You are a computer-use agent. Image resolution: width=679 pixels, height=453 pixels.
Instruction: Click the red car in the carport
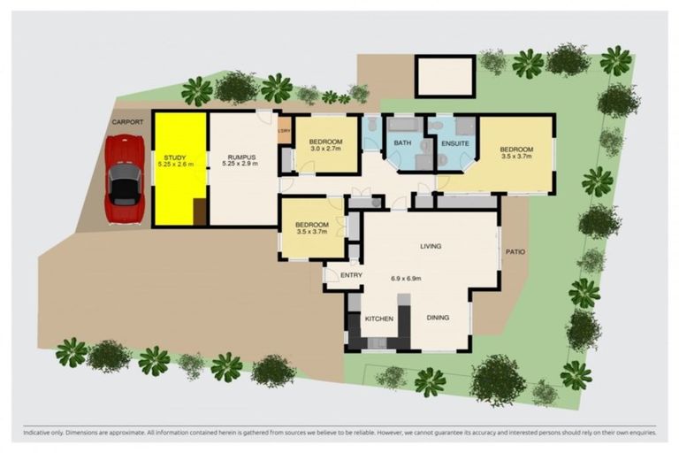point(124,180)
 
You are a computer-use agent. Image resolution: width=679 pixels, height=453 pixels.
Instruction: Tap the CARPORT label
point(127,122)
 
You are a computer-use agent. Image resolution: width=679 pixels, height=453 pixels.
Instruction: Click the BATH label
point(402,142)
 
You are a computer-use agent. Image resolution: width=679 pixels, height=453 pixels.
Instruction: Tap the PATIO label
point(515,252)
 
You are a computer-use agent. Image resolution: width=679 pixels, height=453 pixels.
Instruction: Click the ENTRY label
point(351,275)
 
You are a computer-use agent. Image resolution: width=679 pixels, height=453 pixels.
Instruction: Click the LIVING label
point(431,246)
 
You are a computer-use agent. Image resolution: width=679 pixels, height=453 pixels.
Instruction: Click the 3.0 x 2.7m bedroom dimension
point(324,150)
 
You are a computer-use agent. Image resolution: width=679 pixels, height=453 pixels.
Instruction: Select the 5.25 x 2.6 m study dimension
point(179,165)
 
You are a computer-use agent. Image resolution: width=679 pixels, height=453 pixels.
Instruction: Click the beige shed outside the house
point(445,76)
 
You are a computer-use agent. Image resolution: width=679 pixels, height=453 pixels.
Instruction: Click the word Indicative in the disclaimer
point(40,434)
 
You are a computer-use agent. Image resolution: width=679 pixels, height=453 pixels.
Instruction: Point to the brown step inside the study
point(200,212)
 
